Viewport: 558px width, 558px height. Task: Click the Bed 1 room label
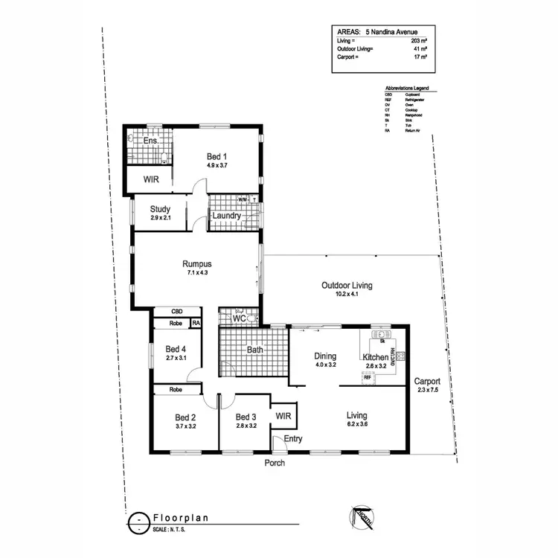click(x=216, y=156)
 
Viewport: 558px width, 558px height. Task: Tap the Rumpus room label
click(x=197, y=263)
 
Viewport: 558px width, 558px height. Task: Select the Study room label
click(x=161, y=209)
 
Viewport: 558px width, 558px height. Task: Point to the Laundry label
click(x=226, y=217)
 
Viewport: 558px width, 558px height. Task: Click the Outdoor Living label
click(x=347, y=285)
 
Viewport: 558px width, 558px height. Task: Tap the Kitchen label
click(x=376, y=357)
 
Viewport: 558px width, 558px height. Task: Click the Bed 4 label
click(x=176, y=349)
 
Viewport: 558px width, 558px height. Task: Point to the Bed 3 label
click(x=246, y=417)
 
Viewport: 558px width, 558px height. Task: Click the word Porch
click(x=275, y=463)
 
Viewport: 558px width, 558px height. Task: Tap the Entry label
click(x=293, y=439)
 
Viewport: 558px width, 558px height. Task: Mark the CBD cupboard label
click(x=177, y=312)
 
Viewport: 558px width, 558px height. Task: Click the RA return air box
click(x=196, y=324)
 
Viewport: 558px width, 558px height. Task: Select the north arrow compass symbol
click(x=360, y=516)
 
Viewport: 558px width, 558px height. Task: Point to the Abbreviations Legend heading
click(x=411, y=89)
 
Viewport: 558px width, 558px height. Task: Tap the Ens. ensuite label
click(x=150, y=141)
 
